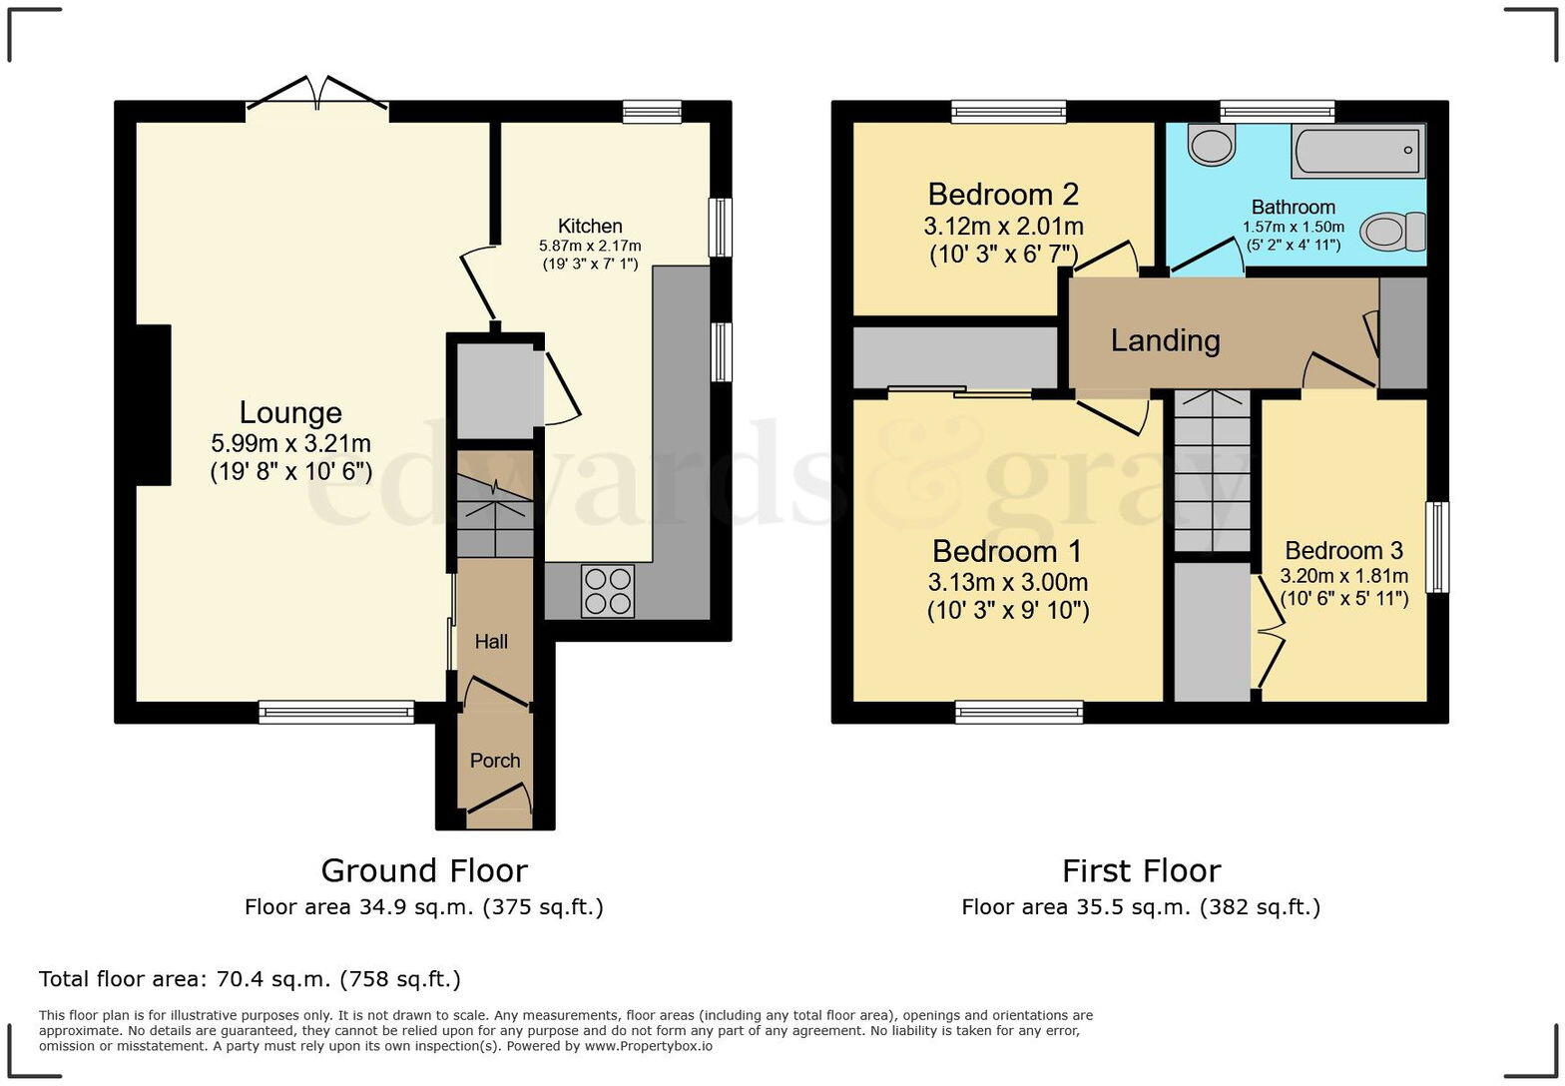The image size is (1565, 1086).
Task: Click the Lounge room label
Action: pyautogui.click(x=290, y=412)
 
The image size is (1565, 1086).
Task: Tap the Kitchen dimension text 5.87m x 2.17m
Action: pyautogui.click(x=590, y=246)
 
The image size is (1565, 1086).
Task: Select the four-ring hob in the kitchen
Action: pyautogui.click(x=607, y=591)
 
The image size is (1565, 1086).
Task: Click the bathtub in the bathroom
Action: pyautogui.click(x=1357, y=152)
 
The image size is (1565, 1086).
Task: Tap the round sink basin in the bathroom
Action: pyautogui.click(x=1212, y=146)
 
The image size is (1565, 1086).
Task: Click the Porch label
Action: pyautogui.click(x=495, y=761)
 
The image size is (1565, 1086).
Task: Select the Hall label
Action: pyautogui.click(x=491, y=642)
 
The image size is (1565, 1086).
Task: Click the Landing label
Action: pyautogui.click(x=1165, y=341)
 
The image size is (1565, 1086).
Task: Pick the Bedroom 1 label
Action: pyautogui.click(x=1007, y=551)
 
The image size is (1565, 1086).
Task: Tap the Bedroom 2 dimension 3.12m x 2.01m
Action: pyautogui.click(x=1003, y=227)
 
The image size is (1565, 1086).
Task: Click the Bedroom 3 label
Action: pyautogui.click(x=1343, y=550)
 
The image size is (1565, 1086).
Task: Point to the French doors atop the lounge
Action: pyautogui.click(x=316, y=96)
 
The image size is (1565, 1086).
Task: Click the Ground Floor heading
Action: pyautogui.click(x=423, y=870)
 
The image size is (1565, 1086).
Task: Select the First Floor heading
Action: pyautogui.click(x=1141, y=871)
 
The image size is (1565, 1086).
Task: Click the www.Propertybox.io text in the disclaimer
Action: pyautogui.click(x=648, y=1046)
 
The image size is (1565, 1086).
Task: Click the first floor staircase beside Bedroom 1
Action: pyautogui.click(x=1212, y=469)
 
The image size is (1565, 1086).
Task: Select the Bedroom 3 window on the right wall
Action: pyautogui.click(x=1437, y=547)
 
